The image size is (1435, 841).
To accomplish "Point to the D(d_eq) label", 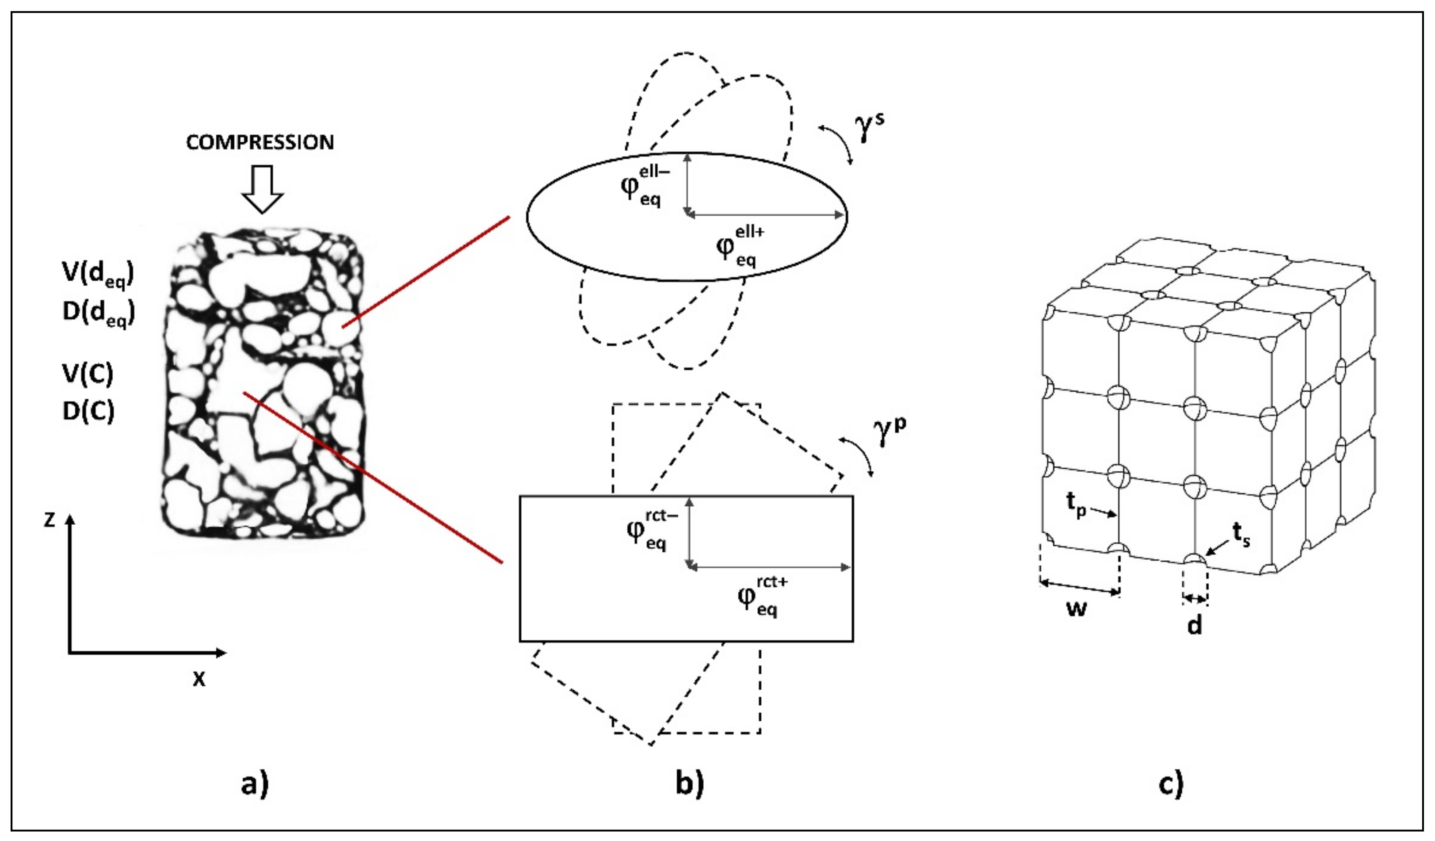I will point(99,313).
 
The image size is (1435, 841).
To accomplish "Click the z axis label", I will point(50,519).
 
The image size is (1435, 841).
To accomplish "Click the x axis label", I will point(198,679).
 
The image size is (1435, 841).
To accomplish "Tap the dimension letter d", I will point(1194,626).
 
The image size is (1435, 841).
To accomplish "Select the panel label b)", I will point(690,784).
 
